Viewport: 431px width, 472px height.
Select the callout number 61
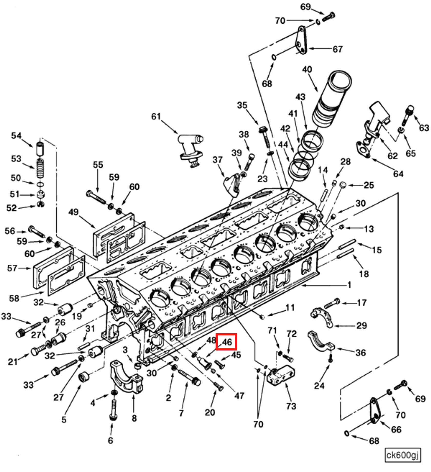[156, 116]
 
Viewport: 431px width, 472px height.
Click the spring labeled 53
[40, 168]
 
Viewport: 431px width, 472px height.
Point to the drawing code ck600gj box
[403, 455]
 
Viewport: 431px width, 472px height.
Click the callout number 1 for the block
[349, 285]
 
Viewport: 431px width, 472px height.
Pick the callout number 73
[291, 406]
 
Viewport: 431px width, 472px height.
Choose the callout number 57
[12, 268]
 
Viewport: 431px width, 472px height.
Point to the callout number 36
[360, 353]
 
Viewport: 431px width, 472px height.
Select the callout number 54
[16, 135]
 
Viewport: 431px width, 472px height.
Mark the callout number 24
[319, 385]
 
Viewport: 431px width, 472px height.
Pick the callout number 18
[364, 274]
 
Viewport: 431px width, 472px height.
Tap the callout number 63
[424, 128]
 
